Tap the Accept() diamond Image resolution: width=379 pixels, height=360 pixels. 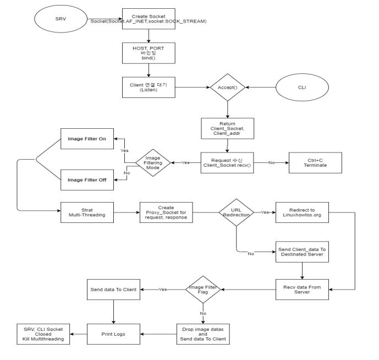(228, 86)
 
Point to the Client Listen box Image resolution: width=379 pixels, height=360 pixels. (148, 87)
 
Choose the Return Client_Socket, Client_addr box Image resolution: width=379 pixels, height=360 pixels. (227, 128)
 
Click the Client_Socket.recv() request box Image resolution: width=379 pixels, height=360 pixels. (227, 163)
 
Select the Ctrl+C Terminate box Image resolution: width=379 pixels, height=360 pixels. (315, 163)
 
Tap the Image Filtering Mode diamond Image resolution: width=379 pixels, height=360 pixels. (153, 163)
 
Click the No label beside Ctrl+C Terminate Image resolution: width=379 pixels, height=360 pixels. (272, 163)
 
